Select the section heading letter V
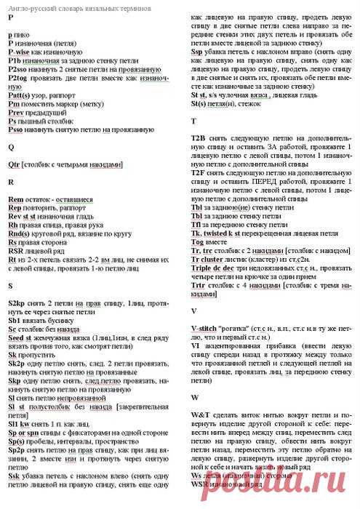click(x=193, y=310)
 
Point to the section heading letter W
click(x=195, y=398)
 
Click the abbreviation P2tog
click(x=17, y=76)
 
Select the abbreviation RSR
click(x=16, y=250)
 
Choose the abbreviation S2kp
click(x=17, y=301)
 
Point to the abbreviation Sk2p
click(x=17, y=361)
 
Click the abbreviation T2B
click(x=199, y=137)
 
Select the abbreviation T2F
click(x=199, y=173)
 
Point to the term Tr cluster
click(x=209, y=259)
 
